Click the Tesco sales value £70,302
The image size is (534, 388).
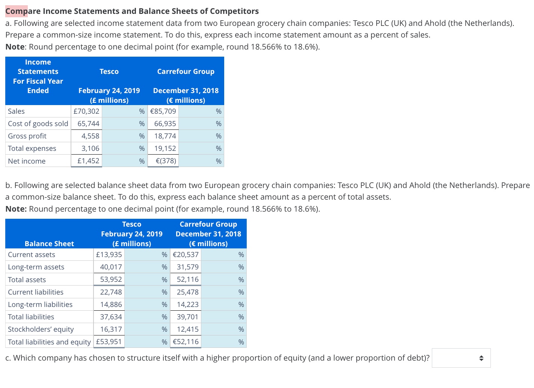86,111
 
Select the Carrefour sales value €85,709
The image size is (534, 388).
163,111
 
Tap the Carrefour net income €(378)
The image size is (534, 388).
166,161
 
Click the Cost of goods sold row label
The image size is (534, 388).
38,123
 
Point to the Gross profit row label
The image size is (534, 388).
27,136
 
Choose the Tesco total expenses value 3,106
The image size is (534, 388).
91,148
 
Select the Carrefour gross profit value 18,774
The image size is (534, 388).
165,136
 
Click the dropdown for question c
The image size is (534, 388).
461,358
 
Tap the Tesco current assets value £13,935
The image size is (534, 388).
109,254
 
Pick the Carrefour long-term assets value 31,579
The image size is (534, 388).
188,267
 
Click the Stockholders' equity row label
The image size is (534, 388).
41,329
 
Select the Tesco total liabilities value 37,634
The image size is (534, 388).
111,317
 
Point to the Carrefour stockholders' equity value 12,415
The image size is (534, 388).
188,329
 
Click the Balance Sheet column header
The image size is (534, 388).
49,244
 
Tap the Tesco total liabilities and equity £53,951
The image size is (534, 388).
109,341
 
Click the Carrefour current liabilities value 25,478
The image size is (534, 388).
188,292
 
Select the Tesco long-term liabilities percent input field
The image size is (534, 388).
143,304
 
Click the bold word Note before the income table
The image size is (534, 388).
15,47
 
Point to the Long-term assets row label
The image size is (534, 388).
36,267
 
